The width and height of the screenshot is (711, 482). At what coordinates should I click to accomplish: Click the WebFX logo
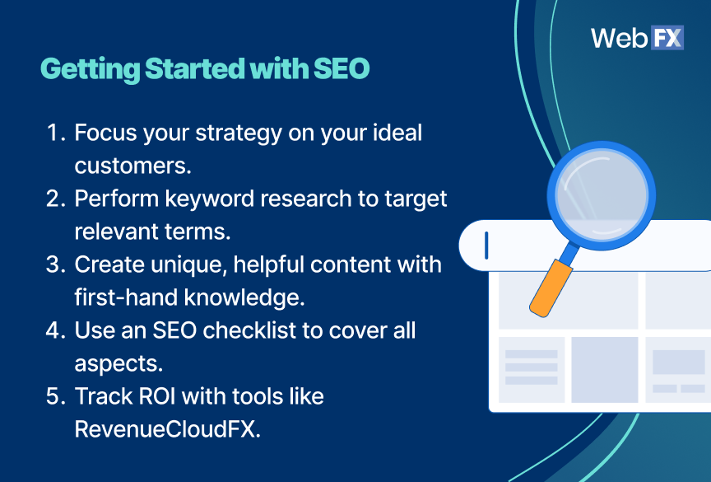tap(637, 38)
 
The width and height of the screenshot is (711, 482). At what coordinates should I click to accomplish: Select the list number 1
tap(55, 133)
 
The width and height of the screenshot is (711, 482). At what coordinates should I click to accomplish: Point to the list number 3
tap(55, 264)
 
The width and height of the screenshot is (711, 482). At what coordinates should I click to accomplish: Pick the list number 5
tap(55, 396)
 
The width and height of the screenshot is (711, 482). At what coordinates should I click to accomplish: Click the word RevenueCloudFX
tap(166, 428)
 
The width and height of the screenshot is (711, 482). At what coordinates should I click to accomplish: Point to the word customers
tap(132, 165)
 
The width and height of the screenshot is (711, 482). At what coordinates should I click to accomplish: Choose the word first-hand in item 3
tap(123, 297)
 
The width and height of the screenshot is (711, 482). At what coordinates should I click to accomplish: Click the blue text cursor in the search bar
tap(486, 245)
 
